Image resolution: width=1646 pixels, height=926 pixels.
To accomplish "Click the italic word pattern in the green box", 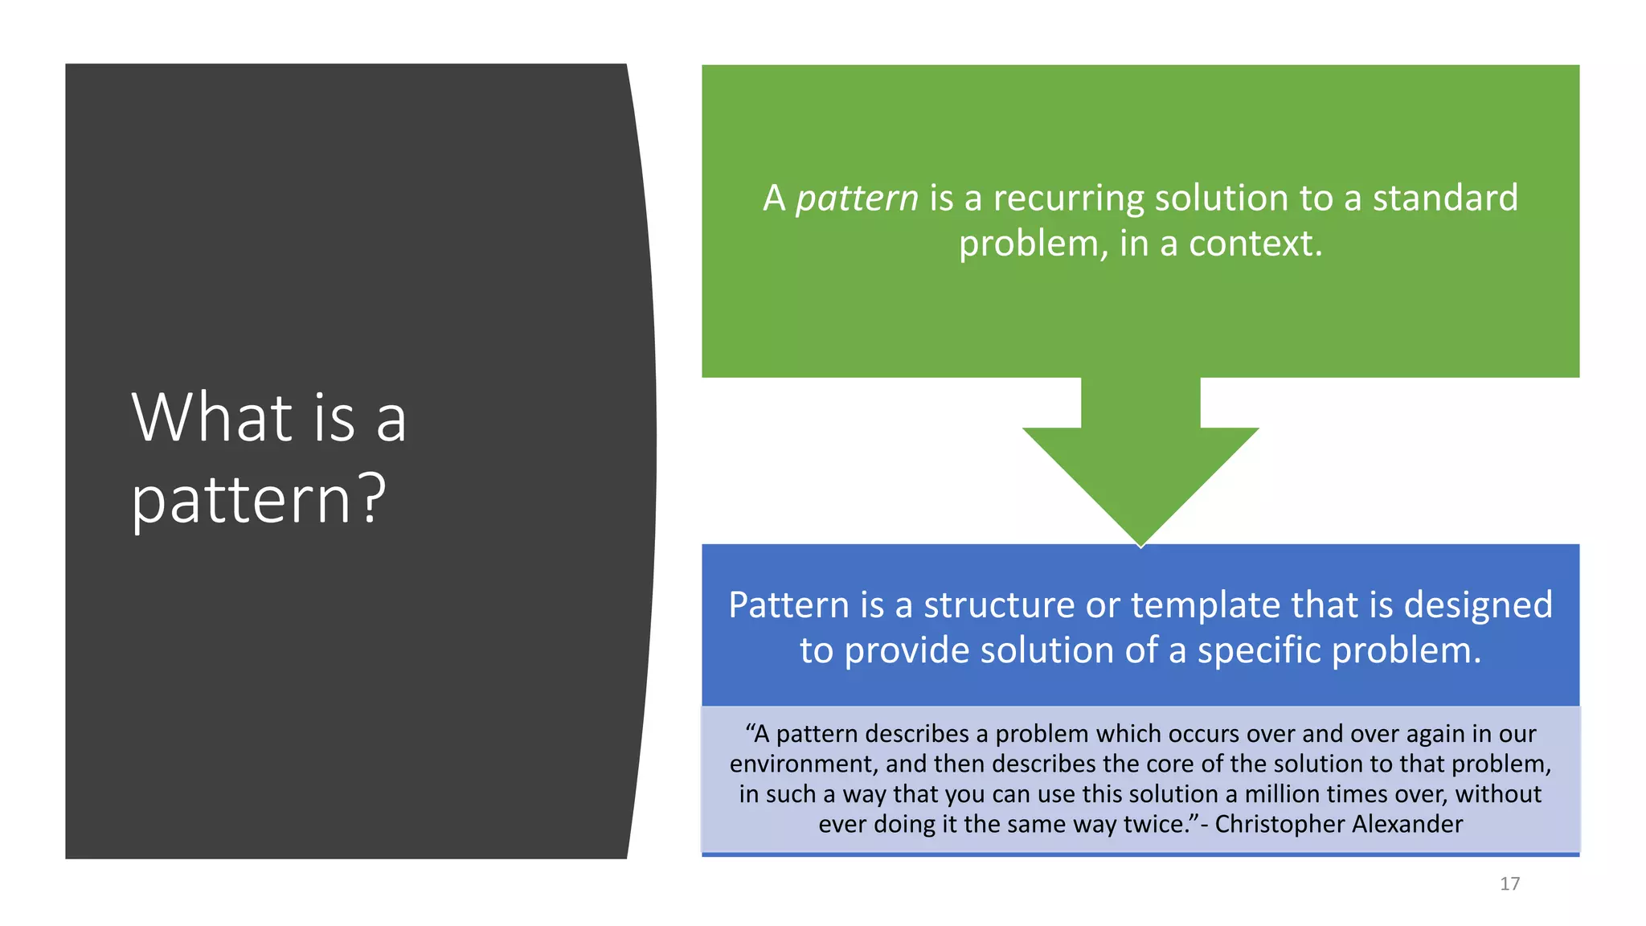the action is (x=857, y=199).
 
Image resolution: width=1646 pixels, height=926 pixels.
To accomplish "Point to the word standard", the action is (x=1445, y=199).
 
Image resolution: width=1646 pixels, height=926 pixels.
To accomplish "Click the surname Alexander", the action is (x=1407, y=824).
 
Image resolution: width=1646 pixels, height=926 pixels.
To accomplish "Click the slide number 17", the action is (x=1509, y=884).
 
